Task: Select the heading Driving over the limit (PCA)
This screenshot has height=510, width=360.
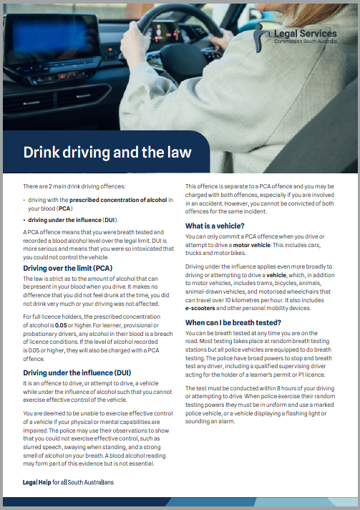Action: (x=67, y=268)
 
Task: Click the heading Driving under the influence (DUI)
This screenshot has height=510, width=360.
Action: (x=77, y=372)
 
